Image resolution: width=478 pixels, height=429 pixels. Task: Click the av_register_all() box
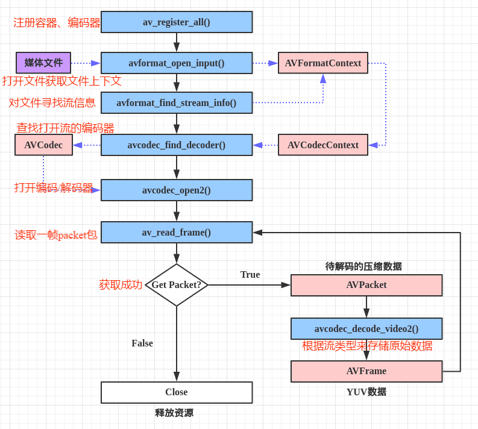[177, 22]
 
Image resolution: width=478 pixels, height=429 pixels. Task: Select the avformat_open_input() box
[177, 63]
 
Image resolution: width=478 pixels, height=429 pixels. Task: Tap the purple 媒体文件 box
[43, 63]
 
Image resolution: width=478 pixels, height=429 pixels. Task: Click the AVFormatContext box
[323, 63]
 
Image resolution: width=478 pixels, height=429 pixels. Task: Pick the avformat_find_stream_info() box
[177, 103]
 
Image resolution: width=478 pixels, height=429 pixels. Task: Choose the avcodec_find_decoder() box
[177, 145]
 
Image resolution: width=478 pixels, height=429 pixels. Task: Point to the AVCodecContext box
[323, 145]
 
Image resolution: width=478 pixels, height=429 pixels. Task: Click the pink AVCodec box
[43, 145]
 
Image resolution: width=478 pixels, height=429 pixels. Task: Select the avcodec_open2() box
[177, 190]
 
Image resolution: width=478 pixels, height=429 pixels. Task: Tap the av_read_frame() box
[177, 233]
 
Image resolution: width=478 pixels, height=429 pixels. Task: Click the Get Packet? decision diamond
[177, 285]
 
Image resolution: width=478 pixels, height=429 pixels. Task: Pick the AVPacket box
[366, 285]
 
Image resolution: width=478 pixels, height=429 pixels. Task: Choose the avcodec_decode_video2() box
[366, 329]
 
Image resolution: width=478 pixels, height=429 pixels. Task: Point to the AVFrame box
[366, 371]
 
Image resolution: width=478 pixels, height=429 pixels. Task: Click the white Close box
[177, 392]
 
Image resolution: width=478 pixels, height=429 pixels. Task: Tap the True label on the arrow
[250, 275]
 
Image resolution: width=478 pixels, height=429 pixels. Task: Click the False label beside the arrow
[142, 343]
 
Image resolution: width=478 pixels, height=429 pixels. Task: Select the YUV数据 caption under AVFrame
[366, 392]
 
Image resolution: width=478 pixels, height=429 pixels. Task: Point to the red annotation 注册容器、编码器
[57, 23]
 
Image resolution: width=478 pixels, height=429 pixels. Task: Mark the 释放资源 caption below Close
[174, 413]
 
